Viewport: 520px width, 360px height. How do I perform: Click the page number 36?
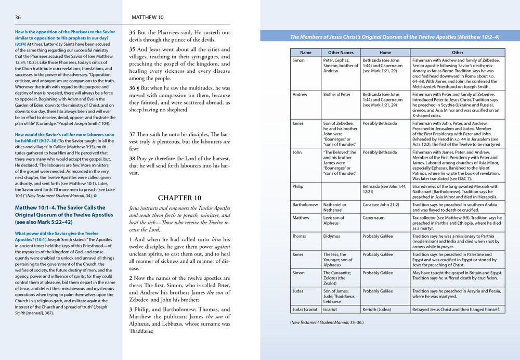(18, 17)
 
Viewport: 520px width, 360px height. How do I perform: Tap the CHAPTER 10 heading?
(179, 198)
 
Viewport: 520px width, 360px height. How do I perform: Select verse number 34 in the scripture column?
(132, 32)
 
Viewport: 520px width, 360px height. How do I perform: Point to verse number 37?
(132, 135)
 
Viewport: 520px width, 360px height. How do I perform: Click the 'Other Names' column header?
(341, 53)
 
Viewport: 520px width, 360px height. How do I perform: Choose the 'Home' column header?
(385, 53)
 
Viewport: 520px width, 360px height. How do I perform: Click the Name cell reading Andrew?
(300, 95)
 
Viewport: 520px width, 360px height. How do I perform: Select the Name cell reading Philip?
(298, 186)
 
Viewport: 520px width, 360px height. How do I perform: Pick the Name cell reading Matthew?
(301, 218)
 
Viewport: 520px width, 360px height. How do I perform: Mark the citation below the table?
(327, 323)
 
